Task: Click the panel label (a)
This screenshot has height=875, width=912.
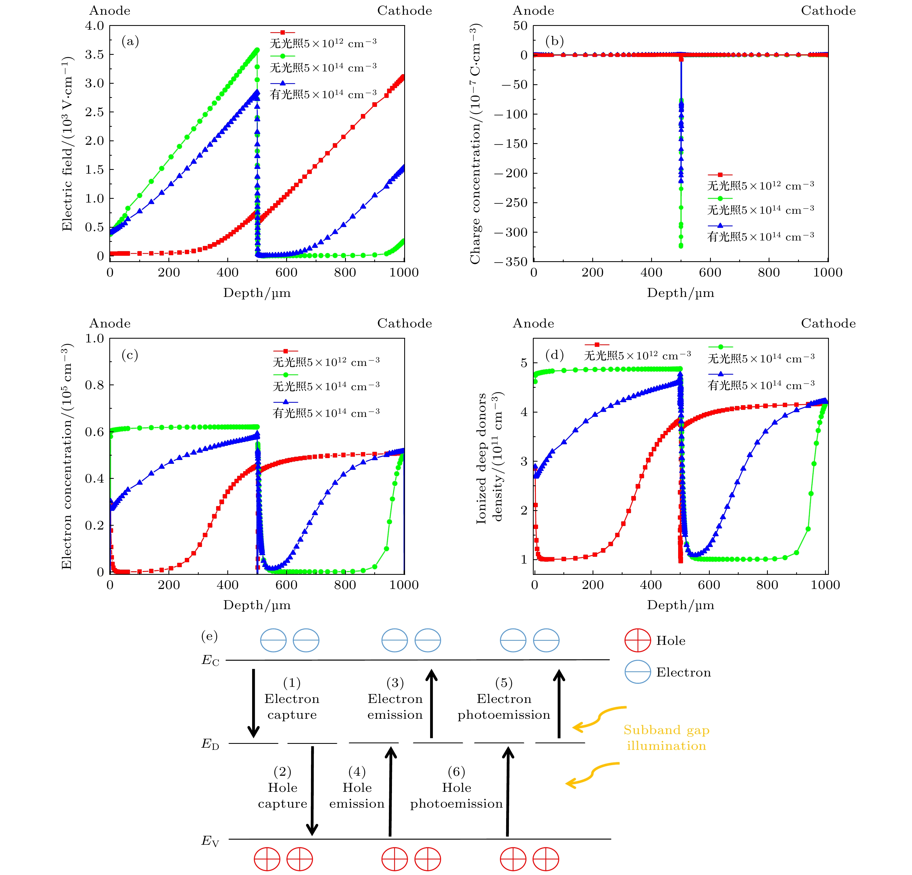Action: (130, 42)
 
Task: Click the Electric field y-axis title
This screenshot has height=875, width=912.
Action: (68, 144)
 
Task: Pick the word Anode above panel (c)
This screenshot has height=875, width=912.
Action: (110, 323)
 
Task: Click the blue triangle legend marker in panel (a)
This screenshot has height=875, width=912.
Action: (282, 83)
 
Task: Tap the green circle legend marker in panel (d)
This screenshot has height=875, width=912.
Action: (720, 347)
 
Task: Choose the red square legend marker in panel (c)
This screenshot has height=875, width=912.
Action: (285, 351)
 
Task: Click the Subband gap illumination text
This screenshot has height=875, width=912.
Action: (666, 738)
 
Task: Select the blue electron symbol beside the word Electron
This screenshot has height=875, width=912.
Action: (638, 672)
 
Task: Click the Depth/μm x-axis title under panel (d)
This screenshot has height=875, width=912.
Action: (680, 605)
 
